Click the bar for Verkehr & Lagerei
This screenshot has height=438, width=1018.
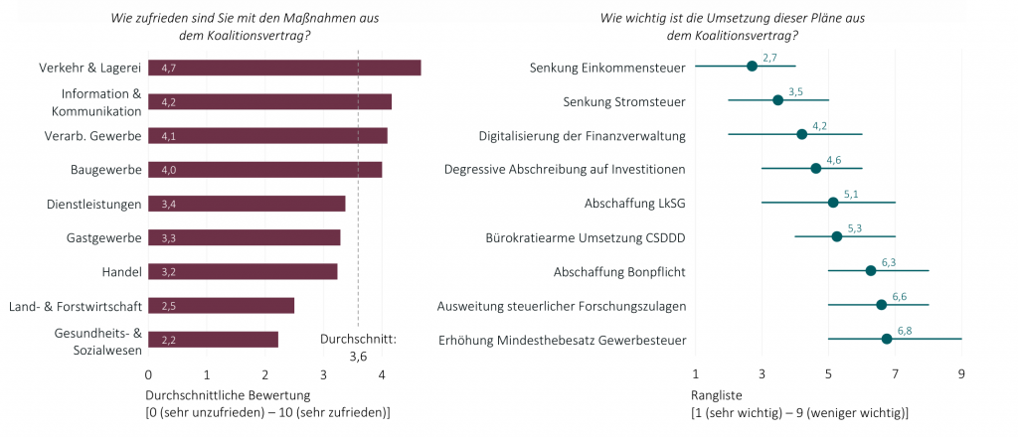click(284, 68)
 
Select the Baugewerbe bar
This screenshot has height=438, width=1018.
click(264, 170)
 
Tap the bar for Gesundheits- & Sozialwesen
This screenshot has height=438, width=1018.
click(213, 340)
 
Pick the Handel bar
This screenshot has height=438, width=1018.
click(243, 271)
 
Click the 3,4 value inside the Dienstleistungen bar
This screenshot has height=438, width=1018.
click(169, 205)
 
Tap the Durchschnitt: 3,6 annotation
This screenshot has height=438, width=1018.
click(358, 347)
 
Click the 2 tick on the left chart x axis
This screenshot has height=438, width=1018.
click(265, 374)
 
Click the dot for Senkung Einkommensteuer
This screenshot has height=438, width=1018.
click(752, 66)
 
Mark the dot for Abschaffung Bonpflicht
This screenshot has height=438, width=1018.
click(871, 270)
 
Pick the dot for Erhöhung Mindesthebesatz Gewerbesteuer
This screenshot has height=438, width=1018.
click(887, 339)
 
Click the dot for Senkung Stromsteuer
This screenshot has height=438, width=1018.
click(777, 100)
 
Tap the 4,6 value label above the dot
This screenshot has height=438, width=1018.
click(833, 160)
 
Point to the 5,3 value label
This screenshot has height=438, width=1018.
click(854, 228)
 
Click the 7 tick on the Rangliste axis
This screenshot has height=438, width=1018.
click(895, 374)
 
